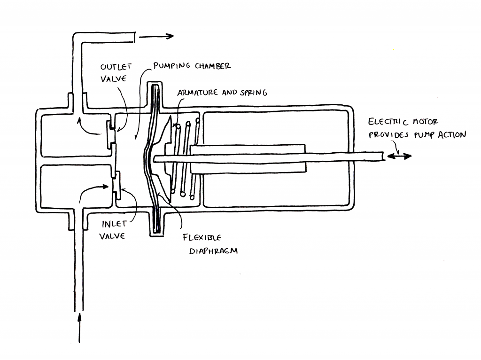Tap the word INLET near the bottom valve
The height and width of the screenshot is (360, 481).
coord(114,224)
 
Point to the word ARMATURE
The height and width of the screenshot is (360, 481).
coord(197,93)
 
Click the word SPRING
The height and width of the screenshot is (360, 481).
coord(254,93)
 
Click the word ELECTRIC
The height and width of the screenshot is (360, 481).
coord(388,122)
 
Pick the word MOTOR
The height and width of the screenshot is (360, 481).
coord(425,122)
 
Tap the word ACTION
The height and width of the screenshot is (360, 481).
coord(451,135)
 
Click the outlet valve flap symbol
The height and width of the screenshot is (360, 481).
coord(110,133)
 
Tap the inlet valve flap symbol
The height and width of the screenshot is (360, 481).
coord(116,185)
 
